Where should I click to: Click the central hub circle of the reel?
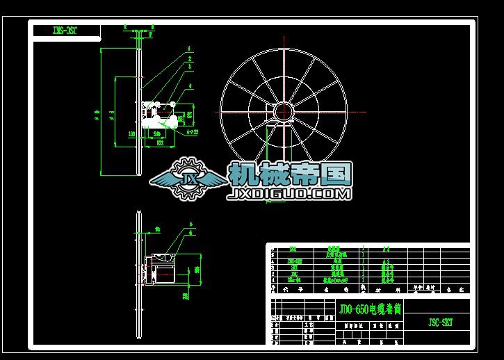point(284,111)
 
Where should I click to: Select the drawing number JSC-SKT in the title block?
point(439,323)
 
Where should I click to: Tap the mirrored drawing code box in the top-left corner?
point(67,31)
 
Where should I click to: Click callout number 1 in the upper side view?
point(188,50)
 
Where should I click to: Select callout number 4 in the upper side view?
point(188,86)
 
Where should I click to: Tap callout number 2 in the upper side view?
point(188,59)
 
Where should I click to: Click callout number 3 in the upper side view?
point(188,67)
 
